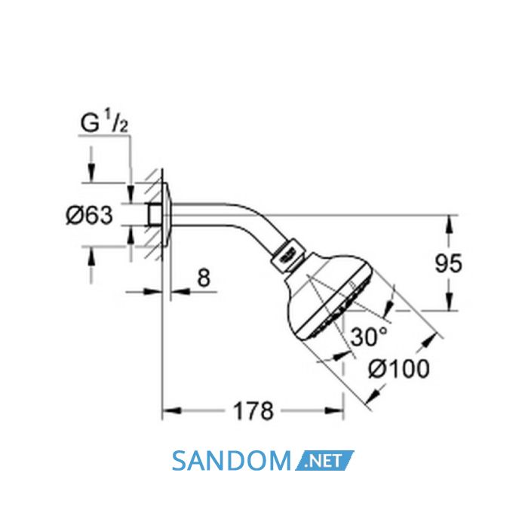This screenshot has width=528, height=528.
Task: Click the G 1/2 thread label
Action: pos(104,122)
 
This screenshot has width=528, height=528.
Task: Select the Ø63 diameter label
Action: pos(89,216)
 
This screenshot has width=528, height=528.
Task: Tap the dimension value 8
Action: pos(204,278)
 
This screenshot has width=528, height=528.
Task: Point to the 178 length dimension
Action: pos(253,411)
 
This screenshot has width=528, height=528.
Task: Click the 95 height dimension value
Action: pos(449,263)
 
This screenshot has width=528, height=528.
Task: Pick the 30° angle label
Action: pos(369,336)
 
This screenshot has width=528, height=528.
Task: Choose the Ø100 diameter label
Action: pos(399,368)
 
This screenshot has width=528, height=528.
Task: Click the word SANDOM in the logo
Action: pos(232,461)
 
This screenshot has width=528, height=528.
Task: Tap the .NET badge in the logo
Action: pos(324,461)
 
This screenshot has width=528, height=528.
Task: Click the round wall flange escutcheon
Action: pos(167,215)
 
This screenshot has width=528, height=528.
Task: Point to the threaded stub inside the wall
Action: pos(154,215)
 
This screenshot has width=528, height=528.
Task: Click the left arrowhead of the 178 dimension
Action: pos(172,411)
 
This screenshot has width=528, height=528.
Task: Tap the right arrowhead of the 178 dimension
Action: pos(334,411)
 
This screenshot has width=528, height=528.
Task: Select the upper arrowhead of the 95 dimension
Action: pos(448,224)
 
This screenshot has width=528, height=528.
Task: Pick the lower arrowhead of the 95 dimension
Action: pos(448,301)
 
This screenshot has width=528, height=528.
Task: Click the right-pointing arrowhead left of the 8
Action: pos(153,292)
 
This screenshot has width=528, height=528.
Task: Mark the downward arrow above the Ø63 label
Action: pos(91,173)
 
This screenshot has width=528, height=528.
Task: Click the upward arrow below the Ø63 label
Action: pos(91,256)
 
